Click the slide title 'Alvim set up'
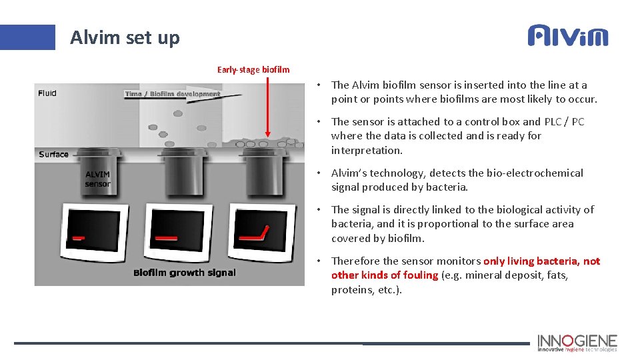[125, 37]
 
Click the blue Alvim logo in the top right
[568, 35]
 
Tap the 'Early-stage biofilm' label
[253, 69]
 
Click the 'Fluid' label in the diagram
[47, 93]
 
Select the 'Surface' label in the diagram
[53, 154]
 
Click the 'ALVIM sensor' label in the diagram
[97, 179]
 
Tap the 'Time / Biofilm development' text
[172, 94]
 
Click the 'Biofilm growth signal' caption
[185, 272]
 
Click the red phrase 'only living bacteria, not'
[541, 261]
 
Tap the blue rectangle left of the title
[27, 37]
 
